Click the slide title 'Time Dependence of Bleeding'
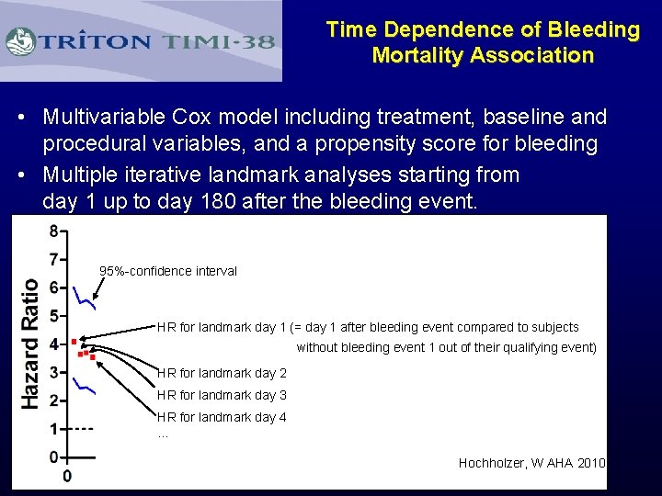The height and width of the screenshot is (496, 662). [x=483, y=29]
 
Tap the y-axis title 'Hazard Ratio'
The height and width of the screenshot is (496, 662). [x=30, y=344]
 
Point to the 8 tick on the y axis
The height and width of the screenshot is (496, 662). [x=54, y=231]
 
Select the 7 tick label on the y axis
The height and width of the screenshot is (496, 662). [x=54, y=259]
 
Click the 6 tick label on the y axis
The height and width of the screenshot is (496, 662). [x=54, y=287]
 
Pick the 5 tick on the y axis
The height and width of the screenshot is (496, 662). [x=54, y=316]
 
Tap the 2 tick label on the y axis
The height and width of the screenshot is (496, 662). [x=54, y=400]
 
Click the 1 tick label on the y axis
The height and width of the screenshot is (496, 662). [x=54, y=429]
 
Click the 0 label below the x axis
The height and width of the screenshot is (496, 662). [x=67, y=476]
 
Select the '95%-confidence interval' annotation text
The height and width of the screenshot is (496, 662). [x=168, y=271]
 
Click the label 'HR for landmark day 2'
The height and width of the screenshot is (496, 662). [x=222, y=373]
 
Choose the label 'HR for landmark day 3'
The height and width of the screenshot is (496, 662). [x=222, y=395]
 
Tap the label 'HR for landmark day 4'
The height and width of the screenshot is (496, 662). [x=222, y=417]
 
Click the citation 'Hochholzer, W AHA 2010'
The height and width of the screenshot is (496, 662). [x=531, y=463]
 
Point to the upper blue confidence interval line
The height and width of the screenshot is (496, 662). [x=85, y=297]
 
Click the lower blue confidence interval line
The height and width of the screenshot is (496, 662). [x=85, y=388]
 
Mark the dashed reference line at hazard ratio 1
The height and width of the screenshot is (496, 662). [x=84, y=429]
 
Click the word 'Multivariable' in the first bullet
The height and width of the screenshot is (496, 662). [x=102, y=118]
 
